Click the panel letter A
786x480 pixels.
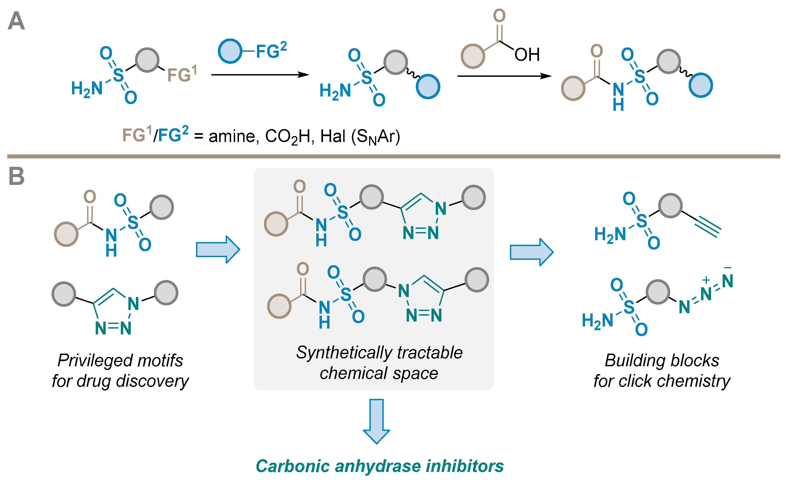[x=16, y=21]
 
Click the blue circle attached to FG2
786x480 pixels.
[x=230, y=51]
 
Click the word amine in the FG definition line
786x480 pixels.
[x=232, y=136]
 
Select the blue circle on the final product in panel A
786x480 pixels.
[x=701, y=85]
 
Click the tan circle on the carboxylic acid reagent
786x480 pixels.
[x=473, y=56]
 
